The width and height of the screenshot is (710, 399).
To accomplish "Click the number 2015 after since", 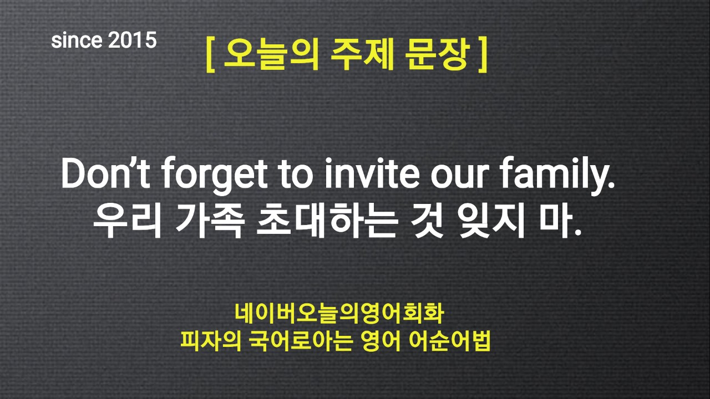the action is click(132, 40).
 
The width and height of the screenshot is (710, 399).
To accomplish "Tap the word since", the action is click(77, 40).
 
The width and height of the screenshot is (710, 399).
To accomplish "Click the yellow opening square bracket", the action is click(210, 55).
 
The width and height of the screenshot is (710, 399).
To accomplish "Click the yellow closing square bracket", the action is click(483, 55).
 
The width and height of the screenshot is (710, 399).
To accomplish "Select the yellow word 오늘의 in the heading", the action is click(271, 54).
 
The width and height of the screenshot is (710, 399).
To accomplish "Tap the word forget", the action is click(215, 175).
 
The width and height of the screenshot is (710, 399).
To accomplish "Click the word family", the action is click(558, 175).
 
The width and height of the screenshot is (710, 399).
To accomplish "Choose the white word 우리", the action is click(128, 220).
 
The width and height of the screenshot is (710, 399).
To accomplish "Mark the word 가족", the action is click(210, 220).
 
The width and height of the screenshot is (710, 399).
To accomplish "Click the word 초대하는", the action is click(327, 220).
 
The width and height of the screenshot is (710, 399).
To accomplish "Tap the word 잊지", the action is click(491, 220).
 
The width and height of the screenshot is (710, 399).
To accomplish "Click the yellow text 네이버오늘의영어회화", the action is click(339, 314).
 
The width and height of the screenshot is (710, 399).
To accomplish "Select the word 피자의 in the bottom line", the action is click(211, 341).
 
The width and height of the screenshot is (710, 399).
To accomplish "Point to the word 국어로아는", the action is click(301, 341).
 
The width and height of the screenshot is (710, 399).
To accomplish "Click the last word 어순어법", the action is click(449, 341).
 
